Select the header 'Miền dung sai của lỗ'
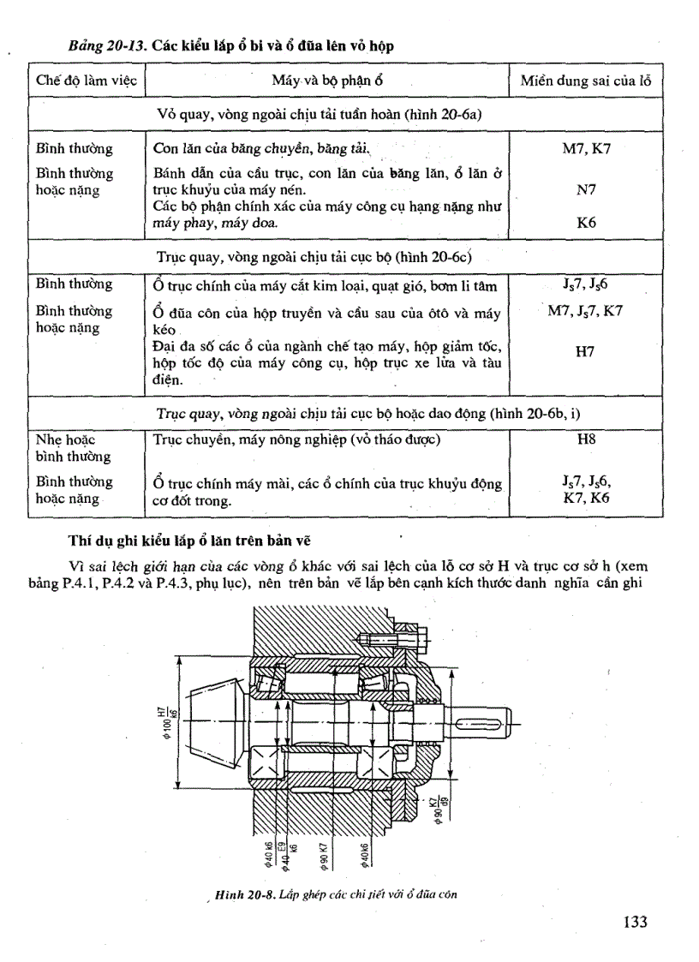[586, 81]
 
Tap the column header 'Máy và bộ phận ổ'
[326, 81]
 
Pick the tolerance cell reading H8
[586, 439]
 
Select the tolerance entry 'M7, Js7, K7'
[586, 311]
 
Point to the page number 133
[635, 922]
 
